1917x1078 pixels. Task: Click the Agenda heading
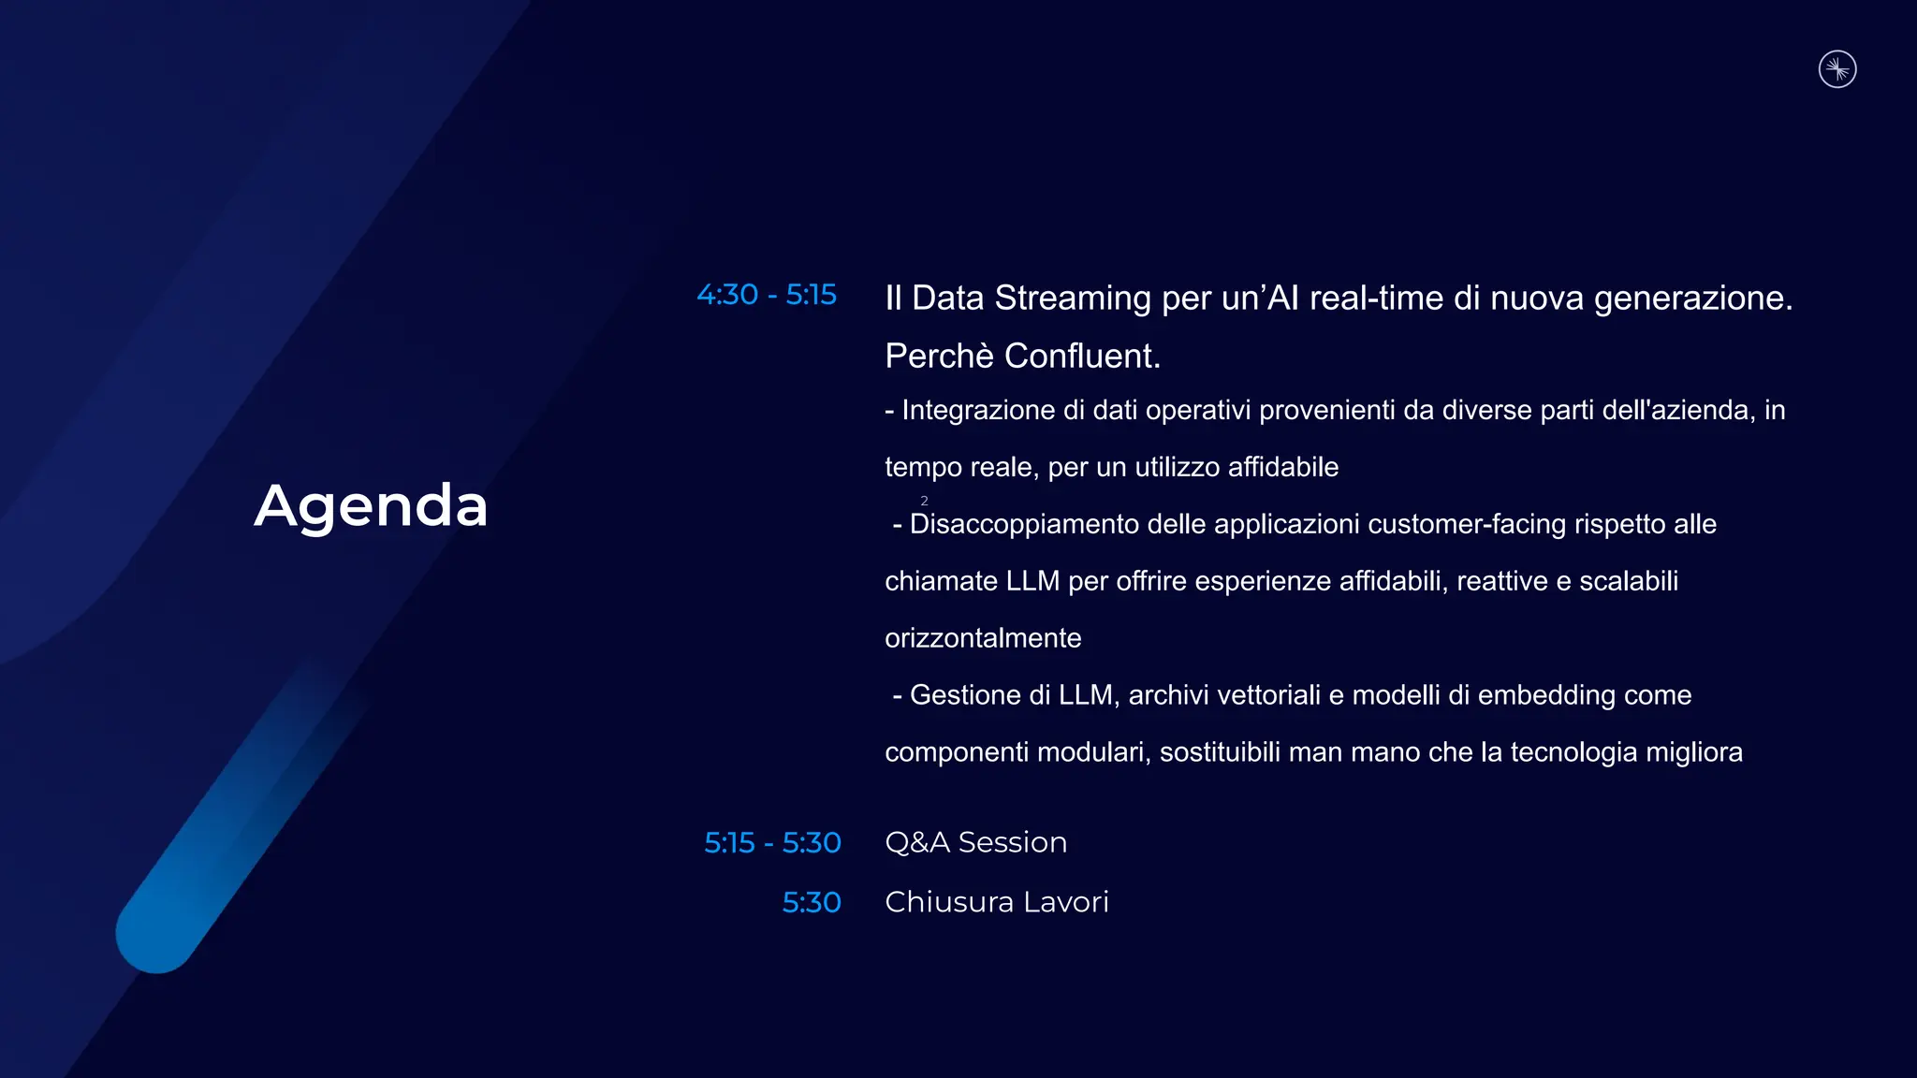(x=371, y=506)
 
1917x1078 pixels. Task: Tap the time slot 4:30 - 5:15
(x=766, y=295)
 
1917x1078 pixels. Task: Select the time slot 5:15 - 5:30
(x=772, y=842)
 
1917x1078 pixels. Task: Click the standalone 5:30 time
(x=811, y=902)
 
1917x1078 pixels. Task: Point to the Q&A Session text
(x=975, y=842)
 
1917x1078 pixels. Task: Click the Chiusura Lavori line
(x=996, y=902)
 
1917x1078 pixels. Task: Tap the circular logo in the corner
(x=1837, y=69)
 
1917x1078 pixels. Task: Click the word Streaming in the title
(x=1073, y=298)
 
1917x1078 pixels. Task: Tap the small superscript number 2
(x=924, y=501)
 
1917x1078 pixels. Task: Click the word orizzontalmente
(x=983, y=638)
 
